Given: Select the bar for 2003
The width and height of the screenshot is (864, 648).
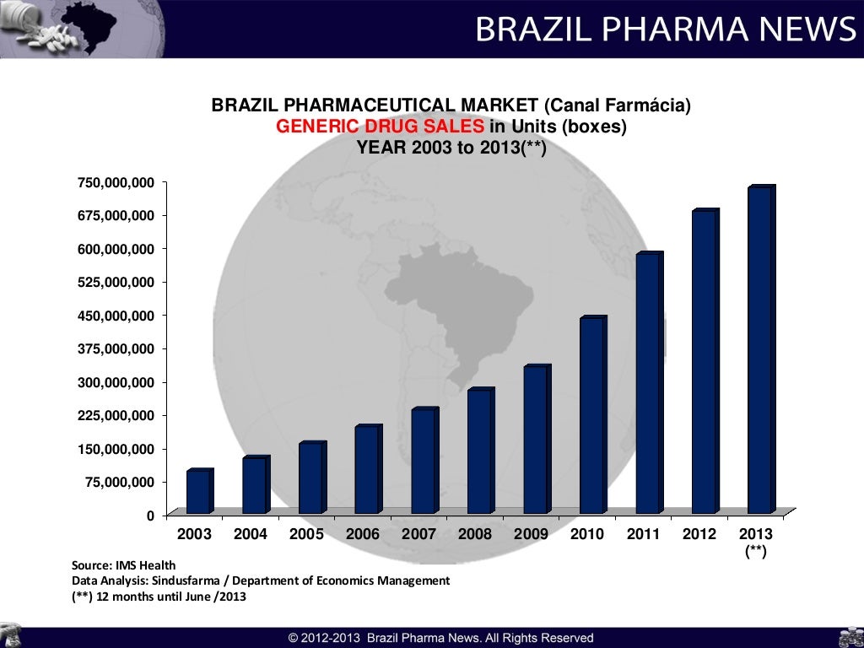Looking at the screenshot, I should (x=198, y=492).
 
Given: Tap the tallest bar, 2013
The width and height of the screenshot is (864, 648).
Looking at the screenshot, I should (x=760, y=350).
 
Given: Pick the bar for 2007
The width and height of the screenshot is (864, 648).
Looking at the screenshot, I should (x=423, y=462).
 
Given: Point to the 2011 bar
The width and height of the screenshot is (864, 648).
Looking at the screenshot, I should (x=648, y=383).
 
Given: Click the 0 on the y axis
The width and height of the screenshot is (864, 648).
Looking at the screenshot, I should (x=150, y=515).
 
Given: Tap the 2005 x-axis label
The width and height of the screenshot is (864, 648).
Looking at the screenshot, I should (x=306, y=534).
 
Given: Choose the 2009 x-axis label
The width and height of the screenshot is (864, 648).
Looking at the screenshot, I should (x=531, y=534).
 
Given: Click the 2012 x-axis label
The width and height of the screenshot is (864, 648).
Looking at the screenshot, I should (x=699, y=534).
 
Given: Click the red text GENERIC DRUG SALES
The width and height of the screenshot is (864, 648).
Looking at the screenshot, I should (x=381, y=127).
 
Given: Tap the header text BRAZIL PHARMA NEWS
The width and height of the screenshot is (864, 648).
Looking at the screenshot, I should (x=665, y=30).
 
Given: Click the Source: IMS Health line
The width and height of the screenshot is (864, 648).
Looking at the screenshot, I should (x=124, y=565).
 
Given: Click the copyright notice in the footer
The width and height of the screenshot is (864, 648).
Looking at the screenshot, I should (x=440, y=638).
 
